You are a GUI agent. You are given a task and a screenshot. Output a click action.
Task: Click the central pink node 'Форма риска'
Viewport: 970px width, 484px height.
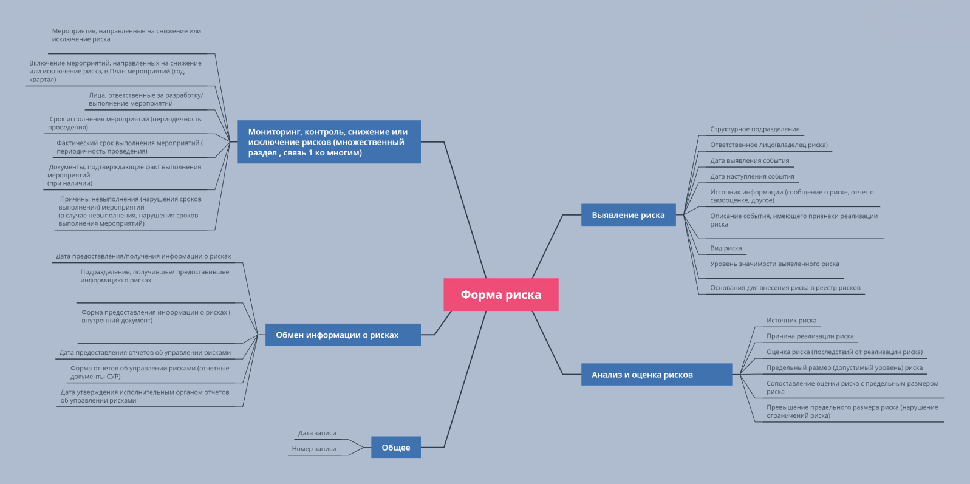(x=500, y=295)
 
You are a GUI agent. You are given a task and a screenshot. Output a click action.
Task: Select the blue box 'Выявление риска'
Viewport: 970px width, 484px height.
(x=628, y=215)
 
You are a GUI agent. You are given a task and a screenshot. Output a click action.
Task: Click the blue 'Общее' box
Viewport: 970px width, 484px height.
(x=396, y=448)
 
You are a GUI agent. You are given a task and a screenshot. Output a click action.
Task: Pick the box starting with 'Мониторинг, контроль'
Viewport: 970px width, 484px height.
(x=329, y=142)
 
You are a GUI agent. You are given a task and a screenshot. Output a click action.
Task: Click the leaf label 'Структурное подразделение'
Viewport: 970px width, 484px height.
(x=754, y=129)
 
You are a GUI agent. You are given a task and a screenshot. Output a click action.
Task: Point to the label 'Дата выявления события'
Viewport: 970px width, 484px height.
(x=750, y=161)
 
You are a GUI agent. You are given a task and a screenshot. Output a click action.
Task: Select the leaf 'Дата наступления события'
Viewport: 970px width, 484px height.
(x=752, y=177)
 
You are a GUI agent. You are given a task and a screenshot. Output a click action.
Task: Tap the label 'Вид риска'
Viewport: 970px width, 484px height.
(x=726, y=248)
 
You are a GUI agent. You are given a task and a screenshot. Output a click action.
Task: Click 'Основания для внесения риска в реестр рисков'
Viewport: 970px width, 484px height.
(x=785, y=288)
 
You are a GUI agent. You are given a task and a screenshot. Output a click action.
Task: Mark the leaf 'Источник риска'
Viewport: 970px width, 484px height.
(x=791, y=321)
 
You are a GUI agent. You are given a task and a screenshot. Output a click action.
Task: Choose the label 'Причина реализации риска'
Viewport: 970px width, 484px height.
(x=810, y=336)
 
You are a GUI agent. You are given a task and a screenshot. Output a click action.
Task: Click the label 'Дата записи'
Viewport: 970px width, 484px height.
(x=317, y=433)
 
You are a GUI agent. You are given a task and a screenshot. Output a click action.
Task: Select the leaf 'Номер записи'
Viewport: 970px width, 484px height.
(x=313, y=449)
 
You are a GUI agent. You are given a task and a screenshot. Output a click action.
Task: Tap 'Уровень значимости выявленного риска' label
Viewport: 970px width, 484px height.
(x=774, y=264)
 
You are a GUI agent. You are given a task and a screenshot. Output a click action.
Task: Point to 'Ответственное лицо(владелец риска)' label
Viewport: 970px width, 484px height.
(x=768, y=145)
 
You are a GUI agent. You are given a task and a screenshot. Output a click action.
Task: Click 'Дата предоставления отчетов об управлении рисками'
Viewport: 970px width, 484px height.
(x=145, y=352)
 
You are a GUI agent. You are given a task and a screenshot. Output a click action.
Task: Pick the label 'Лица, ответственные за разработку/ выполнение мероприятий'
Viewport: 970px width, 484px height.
(x=146, y=99)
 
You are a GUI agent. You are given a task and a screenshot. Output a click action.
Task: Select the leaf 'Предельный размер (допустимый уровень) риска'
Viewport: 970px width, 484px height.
(x=844, y=368)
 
